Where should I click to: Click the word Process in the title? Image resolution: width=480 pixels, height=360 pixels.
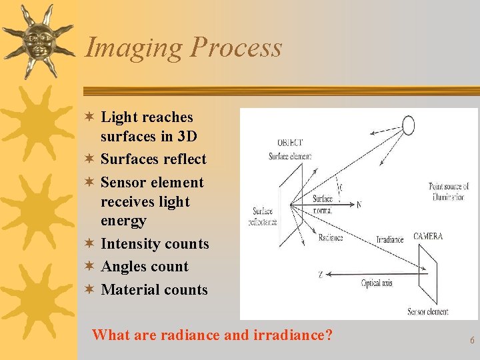(x=236, y=48)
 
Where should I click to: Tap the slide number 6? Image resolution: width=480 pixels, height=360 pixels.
(x=472, y=340)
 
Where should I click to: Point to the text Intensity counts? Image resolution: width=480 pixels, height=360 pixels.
(x=154, y=244)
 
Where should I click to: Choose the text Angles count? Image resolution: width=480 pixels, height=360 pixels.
(x=144, y=267)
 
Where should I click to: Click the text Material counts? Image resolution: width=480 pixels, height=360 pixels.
(x=154, y=289)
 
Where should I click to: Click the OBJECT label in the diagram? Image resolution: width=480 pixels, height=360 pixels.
(x=289, y=143)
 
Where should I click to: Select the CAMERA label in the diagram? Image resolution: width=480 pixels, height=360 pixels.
(x=427, y=236)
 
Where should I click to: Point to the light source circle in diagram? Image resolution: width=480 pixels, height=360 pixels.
(x=408, y=125)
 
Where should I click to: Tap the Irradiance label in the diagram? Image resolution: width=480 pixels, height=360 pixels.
(x=390, y=239)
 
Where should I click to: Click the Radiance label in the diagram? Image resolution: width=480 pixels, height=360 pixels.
(x=330, y=237)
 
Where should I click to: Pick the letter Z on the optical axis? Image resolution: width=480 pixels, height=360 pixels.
(x=321, y=274)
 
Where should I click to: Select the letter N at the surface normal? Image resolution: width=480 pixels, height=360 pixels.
(x=359, y=205)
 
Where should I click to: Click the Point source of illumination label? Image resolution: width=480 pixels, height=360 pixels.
(x=448, y=192)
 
